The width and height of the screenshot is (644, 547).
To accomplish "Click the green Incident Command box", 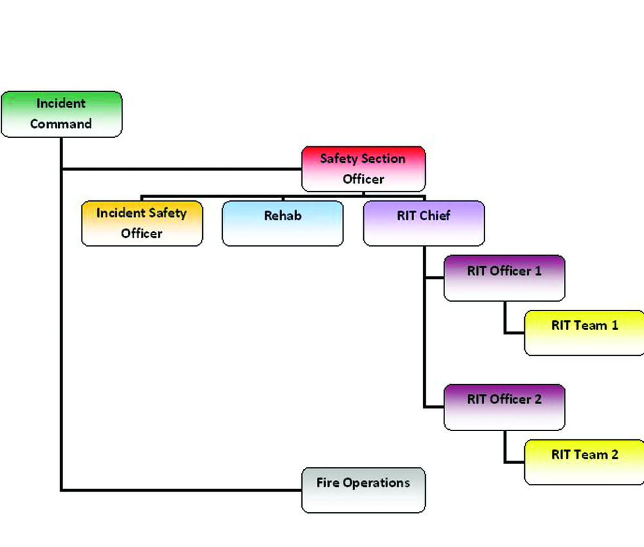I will [x=61, y=114].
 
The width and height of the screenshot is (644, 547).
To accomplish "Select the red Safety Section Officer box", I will [x=363, y=169].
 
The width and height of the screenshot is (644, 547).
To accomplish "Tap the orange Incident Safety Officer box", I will [x=142, y=224].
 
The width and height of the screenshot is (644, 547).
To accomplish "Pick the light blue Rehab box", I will [x=282, y=224].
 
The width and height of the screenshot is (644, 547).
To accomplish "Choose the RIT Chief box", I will [x=423, y=224].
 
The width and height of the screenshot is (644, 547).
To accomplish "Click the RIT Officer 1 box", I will [x=504, y=278].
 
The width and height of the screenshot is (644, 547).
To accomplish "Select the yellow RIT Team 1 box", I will [x=584, y=333].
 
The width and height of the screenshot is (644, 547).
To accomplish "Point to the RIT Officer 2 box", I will [x=504, y=407].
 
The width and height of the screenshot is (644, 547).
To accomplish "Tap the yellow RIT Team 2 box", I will [x=584, y=462].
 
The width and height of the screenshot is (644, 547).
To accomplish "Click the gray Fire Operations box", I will [x=363, y=490].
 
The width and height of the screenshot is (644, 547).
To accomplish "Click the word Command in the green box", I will [x=61, y=124].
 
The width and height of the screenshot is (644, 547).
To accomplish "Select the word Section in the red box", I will [x=383, y=158].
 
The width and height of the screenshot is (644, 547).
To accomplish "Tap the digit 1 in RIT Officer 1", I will [x=538, y=271].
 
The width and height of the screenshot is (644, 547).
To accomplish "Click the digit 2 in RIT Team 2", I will [x=614, y=454].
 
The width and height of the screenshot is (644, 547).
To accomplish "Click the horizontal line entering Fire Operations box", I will [x=180, y=490].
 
